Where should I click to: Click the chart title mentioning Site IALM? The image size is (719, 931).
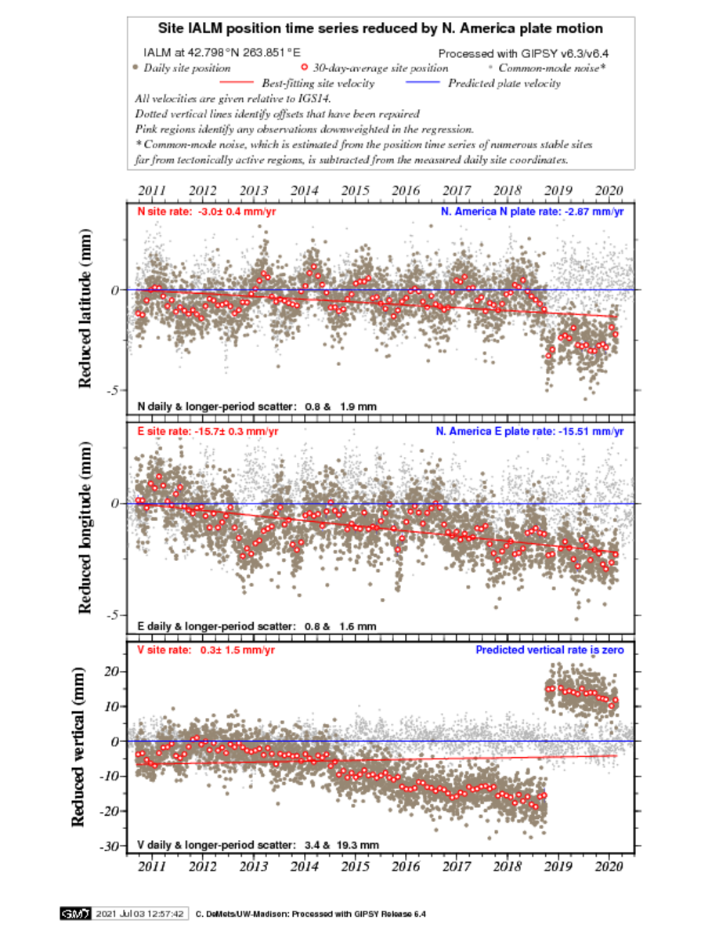pyautogui.click(x=381, y=28)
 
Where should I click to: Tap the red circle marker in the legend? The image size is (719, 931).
pyautogui.click(x=305, y=67)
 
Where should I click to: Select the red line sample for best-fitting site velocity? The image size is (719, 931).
pyautogui.click(x=236, y=82)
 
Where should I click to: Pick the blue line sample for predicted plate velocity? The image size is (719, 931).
pyautogui.click(x=422, y=82)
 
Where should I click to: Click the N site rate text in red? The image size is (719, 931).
pyautogui.click(x=207, y=212)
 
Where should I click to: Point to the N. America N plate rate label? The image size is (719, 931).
pyautogui.click(x=532, y=212)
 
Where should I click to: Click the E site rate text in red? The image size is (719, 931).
pyautogui.click(x=208, y=431)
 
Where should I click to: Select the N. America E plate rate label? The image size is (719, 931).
pyautogui.click(x=529, y=431)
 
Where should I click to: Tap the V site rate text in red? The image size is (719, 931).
pyautogui.click(x=206, y=650)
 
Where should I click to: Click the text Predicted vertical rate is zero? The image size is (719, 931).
pyautogui.click(x=550, y=650)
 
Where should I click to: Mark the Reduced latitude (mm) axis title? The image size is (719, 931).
pyautogui.click(x=85, y=308)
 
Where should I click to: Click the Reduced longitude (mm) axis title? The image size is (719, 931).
pyautogui.click(x=85, y=527)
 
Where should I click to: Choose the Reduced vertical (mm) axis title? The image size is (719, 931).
pyautogui.click(x=78, y=746)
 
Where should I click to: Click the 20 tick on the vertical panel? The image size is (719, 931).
pyautogui.click(x=111, y=672)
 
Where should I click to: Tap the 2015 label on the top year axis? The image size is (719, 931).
pyautogui.click(x=355, y=190)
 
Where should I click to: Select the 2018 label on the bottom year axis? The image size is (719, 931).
pyautogui.click(x=508, y=866)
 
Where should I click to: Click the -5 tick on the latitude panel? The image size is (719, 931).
pyautogui.click(x=113, y=390)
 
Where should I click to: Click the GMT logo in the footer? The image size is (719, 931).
pyautogui.click(x=75, y=913)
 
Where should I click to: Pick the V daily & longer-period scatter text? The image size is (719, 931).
pyautogui.click(x=258, y=845)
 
